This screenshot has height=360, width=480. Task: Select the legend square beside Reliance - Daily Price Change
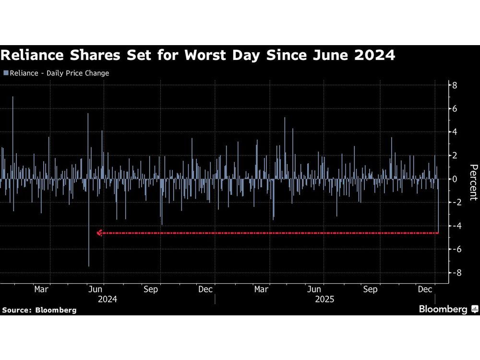coord(6,73)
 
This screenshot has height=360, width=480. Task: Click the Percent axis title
coord(473,182)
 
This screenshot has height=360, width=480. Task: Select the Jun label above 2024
coord(96,289)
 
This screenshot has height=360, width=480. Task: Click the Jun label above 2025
coord(314,289)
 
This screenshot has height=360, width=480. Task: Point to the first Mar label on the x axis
coord(41,289)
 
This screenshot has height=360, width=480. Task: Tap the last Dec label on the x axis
coord(424,289)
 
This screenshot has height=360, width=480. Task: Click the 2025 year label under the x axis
coord(324,299)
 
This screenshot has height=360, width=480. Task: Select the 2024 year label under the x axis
coord(107,299)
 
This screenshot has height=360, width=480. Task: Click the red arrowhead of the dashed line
coord(99,233)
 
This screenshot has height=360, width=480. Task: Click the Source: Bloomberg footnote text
coord(39,310)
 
